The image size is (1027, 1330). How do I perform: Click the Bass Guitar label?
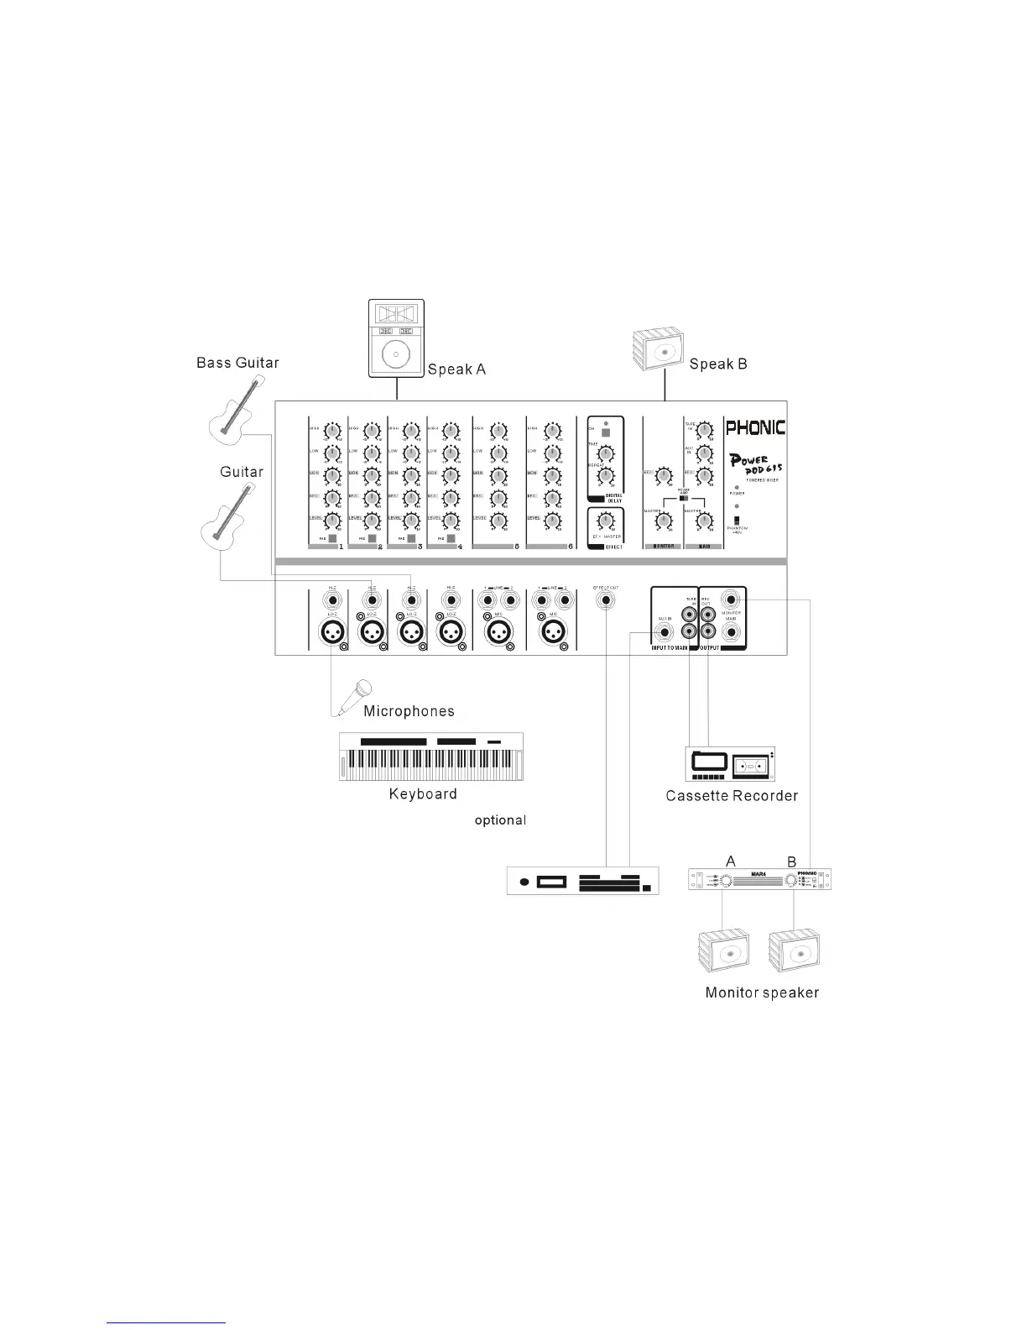[237, 363]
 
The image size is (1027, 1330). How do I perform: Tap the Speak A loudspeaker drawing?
[397, 338]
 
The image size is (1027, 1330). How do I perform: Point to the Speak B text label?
[717, 364]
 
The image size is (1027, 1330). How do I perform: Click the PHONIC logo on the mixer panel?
[755, 427]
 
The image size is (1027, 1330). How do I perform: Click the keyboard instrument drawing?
[430, 757]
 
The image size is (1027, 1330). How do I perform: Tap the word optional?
[500, 820]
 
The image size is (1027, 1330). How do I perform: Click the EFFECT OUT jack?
[605, 601]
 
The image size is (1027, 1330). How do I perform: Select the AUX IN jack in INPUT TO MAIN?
[665, 632]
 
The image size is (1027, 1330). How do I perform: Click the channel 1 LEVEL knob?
[332, 521]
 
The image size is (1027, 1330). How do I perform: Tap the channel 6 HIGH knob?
[552, 431]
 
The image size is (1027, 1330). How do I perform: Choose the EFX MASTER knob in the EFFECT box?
[606, 522]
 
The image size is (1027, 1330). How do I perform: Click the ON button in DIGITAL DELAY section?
[606, 434]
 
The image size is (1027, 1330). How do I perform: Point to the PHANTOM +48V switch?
[737, 520]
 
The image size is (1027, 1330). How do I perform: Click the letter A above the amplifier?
[731, 861]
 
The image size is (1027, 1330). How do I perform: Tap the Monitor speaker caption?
[762, 992]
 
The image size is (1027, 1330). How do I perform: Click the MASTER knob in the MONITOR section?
[664, 521]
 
